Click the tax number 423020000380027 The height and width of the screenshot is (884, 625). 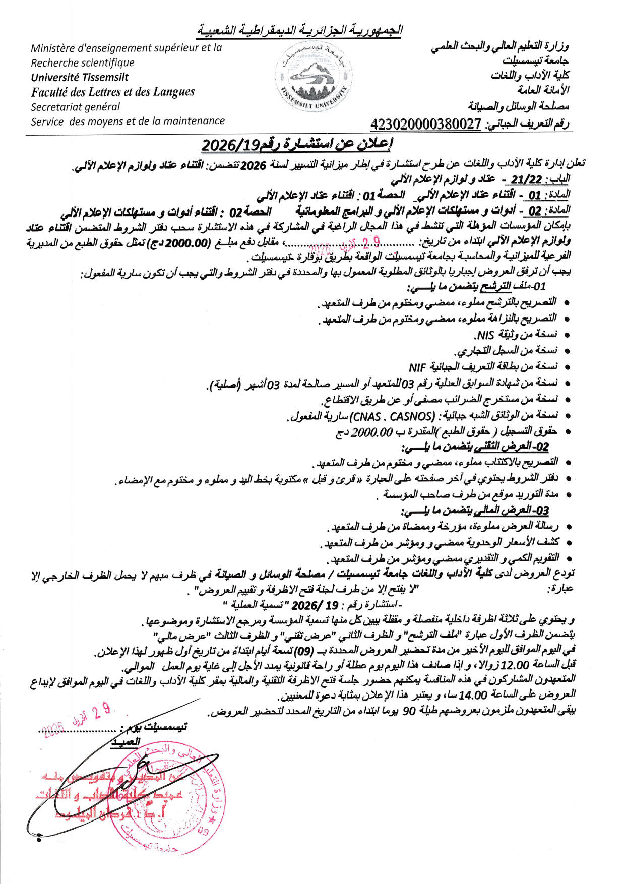point(425,123)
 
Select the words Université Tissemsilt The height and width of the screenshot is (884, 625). point(80,77)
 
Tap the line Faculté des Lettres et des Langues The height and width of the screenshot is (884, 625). point(112,92)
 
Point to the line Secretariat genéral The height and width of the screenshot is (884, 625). point(76,107)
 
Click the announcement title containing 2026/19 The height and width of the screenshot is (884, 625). point(297,145)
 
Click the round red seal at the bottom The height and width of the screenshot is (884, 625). point(166,796)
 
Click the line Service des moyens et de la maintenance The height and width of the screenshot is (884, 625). point(128,121)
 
